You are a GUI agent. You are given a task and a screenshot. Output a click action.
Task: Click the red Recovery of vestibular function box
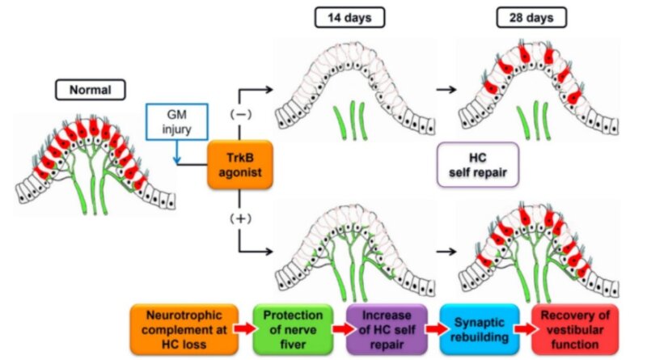(x=574, y=328)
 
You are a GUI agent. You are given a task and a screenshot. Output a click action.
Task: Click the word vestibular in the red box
(x=574, y=328)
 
